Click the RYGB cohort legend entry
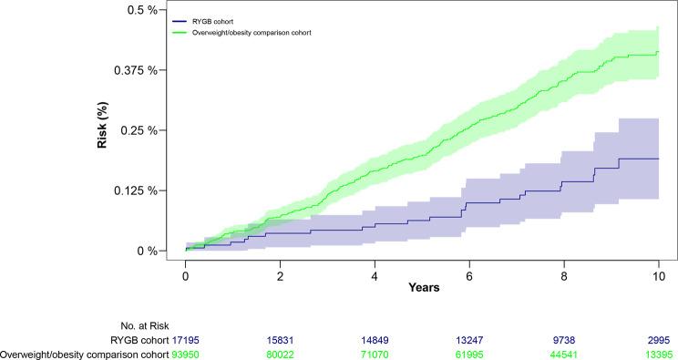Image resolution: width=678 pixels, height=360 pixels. [x=225, y=20]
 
